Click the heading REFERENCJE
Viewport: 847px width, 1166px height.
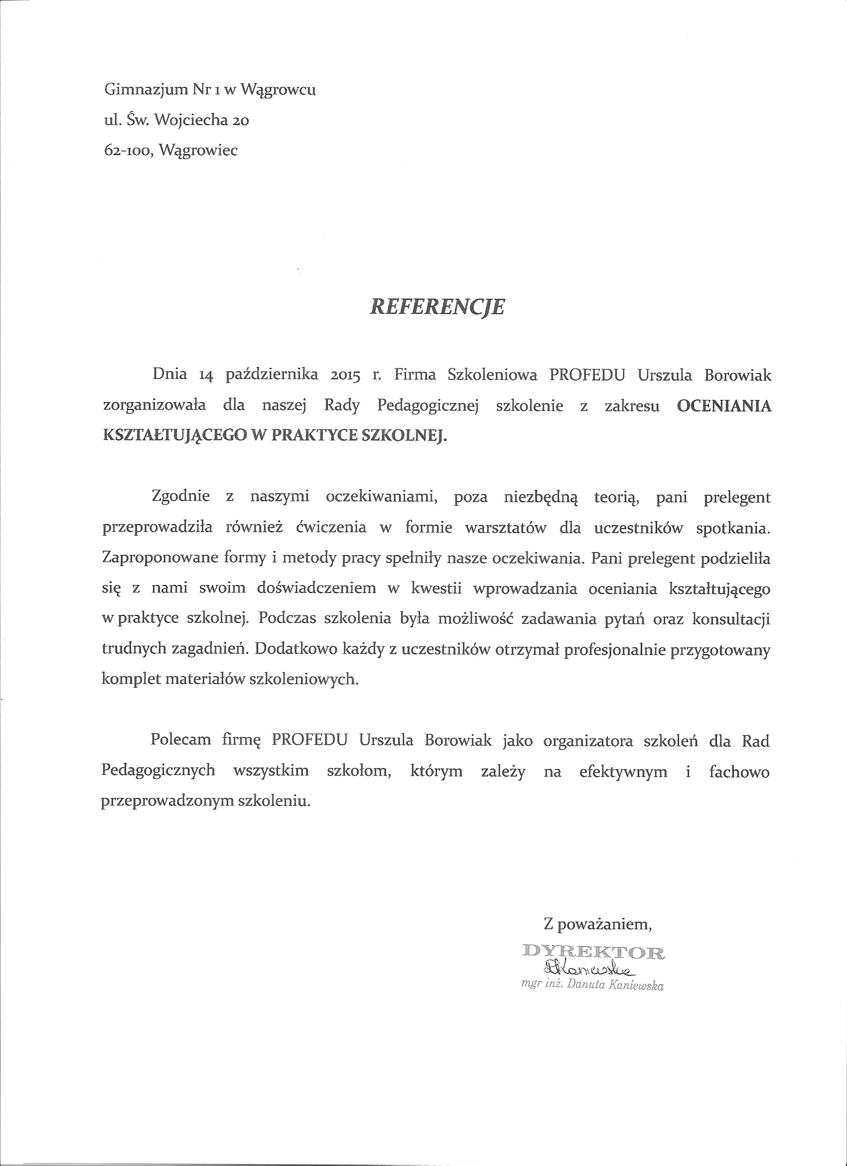tap(437, 307)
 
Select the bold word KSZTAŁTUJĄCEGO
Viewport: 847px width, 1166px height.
tap(171, 436)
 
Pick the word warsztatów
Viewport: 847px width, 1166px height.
tap(505, 528)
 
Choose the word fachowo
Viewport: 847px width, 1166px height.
tap(739, 771)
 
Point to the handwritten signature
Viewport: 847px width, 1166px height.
tap(588, 970)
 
